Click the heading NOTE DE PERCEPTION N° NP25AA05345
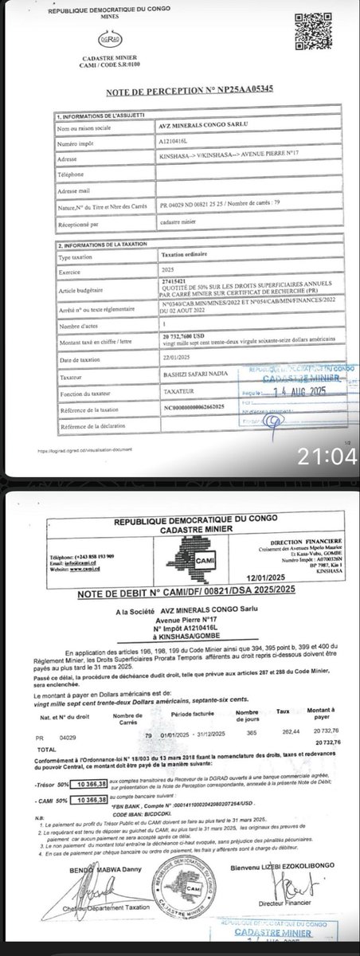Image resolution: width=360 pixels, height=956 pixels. (x=180, y=89)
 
